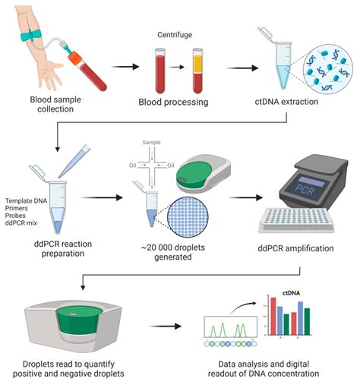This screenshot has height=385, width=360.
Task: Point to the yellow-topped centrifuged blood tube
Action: coord(198,66)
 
